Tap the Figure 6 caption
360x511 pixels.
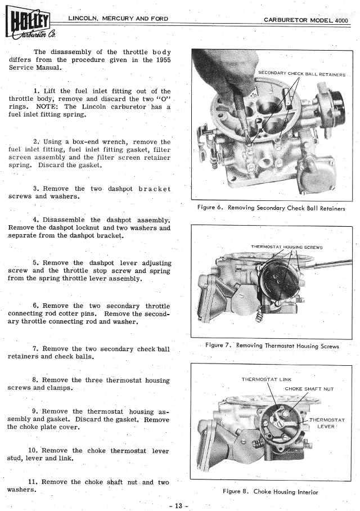pos(272,208)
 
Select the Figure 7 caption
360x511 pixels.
pos(272,346)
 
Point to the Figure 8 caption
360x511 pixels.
pos(271,491)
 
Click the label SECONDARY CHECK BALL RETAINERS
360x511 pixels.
pos(301,74)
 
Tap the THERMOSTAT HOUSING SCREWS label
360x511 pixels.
pos(286,247)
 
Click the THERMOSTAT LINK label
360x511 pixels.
pos(267,379)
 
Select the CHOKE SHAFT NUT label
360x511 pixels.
pos(309,388)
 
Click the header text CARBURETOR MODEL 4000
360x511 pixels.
pos(306,20)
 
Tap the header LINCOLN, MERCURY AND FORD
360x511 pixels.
pos(118,19)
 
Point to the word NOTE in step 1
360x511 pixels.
pos(48,106)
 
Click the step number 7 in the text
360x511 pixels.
pos(35,349)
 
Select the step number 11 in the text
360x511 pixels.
pos(33,482)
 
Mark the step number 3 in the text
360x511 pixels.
pos(35,189)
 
